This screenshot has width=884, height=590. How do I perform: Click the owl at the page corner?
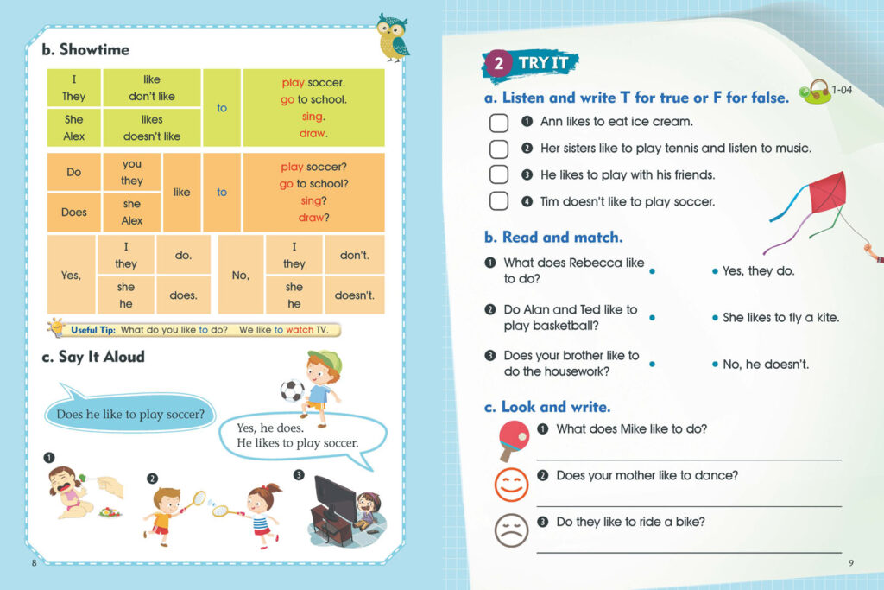pos(393,37)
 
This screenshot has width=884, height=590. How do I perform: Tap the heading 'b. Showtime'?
pos(85,49)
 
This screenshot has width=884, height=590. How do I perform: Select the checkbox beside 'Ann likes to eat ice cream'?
pos(499,123)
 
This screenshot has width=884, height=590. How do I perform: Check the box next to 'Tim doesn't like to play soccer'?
pos(499,201)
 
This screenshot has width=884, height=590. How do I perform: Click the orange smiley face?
pos(511,484)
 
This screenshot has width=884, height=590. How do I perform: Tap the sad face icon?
pos(511,529)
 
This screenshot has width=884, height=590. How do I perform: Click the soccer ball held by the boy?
pos(290,391)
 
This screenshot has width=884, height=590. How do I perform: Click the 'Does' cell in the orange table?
pos(74,212)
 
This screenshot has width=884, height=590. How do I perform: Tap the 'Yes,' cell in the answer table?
pos(71,275)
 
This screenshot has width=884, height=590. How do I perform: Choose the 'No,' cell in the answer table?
pos(241,275)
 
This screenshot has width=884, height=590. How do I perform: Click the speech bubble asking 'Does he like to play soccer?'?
pos(129,415)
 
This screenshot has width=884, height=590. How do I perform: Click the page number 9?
pos(850,563)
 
